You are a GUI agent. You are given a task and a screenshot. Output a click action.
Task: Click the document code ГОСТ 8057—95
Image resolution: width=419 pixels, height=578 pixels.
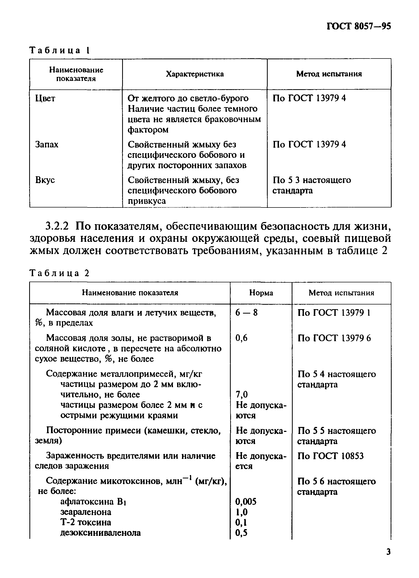click(x=359, y=26)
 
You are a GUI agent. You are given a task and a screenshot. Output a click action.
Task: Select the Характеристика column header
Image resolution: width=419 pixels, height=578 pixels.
click(x=195, y=74)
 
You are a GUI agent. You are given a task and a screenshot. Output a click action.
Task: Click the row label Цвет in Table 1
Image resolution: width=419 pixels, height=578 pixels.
click(x=45, y=98)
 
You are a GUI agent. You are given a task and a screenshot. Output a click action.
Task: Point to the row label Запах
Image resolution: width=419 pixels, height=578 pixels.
click(x=47, y=144)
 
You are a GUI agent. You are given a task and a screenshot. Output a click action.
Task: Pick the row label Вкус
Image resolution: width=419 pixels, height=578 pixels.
click(x=45, y=180)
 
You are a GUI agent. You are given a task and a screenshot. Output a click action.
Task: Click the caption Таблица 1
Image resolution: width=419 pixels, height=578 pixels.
click(x=60, y=50)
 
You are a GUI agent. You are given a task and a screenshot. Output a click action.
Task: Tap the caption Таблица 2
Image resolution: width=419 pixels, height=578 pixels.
click(x=60, y=273)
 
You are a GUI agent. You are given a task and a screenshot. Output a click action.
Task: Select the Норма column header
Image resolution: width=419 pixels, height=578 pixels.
click(x=261, y=293)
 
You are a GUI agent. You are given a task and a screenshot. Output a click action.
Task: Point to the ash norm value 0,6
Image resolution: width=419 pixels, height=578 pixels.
click(x=241, y=338)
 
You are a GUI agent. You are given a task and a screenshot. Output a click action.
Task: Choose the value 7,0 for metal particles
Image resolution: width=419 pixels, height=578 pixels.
click(x=242, y=395)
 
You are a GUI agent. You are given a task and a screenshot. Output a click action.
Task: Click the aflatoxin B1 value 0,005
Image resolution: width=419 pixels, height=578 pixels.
click(x=246, y=501)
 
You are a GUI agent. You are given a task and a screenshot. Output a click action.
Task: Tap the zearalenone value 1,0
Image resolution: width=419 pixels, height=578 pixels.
click(x=241, y=512)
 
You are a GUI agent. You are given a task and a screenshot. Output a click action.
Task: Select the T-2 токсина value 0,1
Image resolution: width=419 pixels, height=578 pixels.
click(x=241, y=522)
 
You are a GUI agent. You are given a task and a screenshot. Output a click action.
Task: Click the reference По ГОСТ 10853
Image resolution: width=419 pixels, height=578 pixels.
click(x=330, y=456)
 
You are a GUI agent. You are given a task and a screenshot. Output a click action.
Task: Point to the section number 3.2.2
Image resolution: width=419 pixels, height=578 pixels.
click(x=57, y=226)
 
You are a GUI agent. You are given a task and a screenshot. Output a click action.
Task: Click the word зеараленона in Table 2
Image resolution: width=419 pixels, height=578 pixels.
click(x=86, y=512)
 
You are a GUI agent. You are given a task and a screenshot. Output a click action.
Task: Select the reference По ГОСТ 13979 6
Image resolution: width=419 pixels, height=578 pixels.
click(x=334, y=338)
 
